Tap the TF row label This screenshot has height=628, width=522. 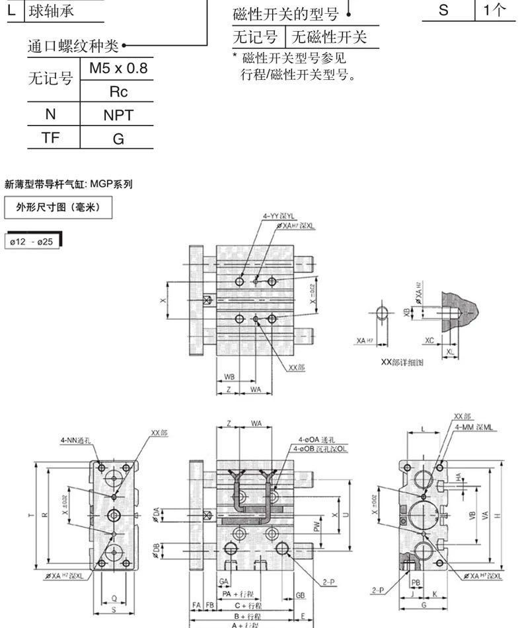(x=50, y=138)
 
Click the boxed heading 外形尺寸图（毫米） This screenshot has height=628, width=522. (x=57, y=207)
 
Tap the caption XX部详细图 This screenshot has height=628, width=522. (x=402, y=363)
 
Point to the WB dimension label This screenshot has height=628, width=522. (x=229, y=377)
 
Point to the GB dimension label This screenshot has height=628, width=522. (x=301, y=595)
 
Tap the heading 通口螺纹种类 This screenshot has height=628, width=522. (x=73, y=46)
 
